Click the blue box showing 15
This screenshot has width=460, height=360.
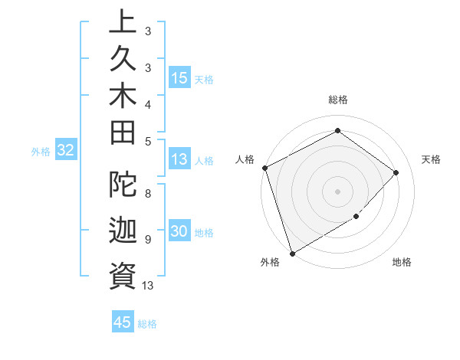tap(179, 78)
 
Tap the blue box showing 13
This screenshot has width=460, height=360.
tap(179, 160)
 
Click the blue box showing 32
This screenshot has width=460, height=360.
tap(66, 151)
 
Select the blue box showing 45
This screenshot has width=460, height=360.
tap(123, 322)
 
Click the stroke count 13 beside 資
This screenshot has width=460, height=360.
tap(148, 286)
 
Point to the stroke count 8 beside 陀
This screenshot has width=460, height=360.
tap(148, 194)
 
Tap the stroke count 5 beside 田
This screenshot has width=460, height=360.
tap(148, 141)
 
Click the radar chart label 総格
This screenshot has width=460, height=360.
tap(338, 100)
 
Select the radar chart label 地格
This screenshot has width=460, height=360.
tap(402, 262)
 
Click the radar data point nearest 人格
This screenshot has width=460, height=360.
tap(264, 168)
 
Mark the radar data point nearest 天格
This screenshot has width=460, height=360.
tap(396, 172)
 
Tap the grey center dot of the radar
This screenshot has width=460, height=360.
tap(337, 191)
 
